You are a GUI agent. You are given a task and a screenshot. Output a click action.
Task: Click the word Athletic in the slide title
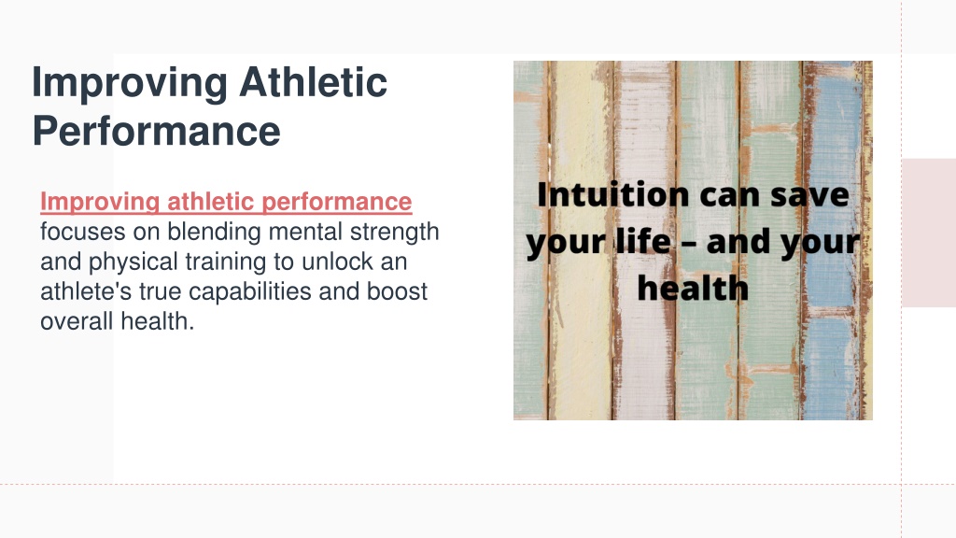pos(313,82)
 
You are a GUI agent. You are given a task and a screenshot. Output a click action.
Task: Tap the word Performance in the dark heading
pos(156,131)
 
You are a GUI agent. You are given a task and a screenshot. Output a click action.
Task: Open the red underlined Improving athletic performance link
pos(226,202)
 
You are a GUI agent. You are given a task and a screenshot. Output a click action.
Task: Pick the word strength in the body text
pos(395,233)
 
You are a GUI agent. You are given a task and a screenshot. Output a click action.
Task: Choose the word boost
pos(397,291)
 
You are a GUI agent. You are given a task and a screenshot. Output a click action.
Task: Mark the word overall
pos(77,321)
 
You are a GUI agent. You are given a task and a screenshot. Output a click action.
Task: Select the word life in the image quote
pos(643,241)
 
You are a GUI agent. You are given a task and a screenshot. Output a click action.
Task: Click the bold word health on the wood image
pos(693,288)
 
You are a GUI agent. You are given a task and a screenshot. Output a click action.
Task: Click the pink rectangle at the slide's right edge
pos(929,233)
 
